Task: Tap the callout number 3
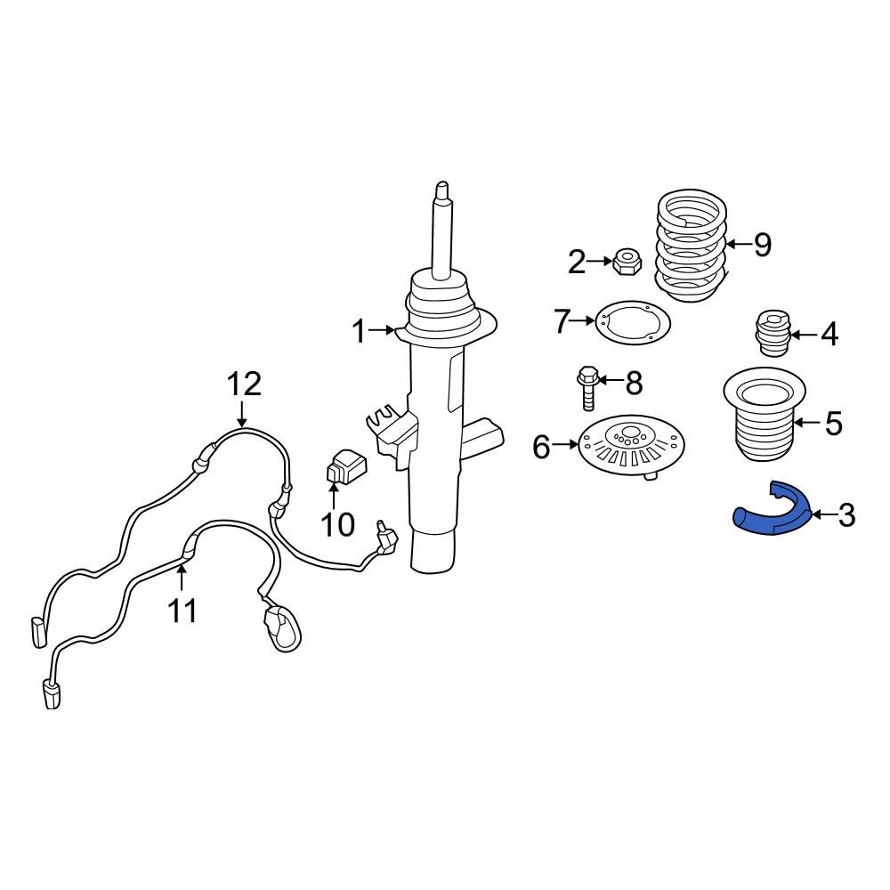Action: coord(845,514)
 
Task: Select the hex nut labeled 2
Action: coord(625,262)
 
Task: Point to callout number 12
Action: coord(243,384)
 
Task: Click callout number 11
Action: coord(182,611)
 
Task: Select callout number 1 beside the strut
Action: coord(358,332)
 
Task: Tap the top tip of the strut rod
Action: coord(441,190)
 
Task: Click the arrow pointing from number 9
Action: coord(735,244)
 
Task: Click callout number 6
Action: coord(541,447)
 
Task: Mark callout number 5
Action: coord(832,424)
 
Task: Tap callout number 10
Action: coord(337,524)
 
